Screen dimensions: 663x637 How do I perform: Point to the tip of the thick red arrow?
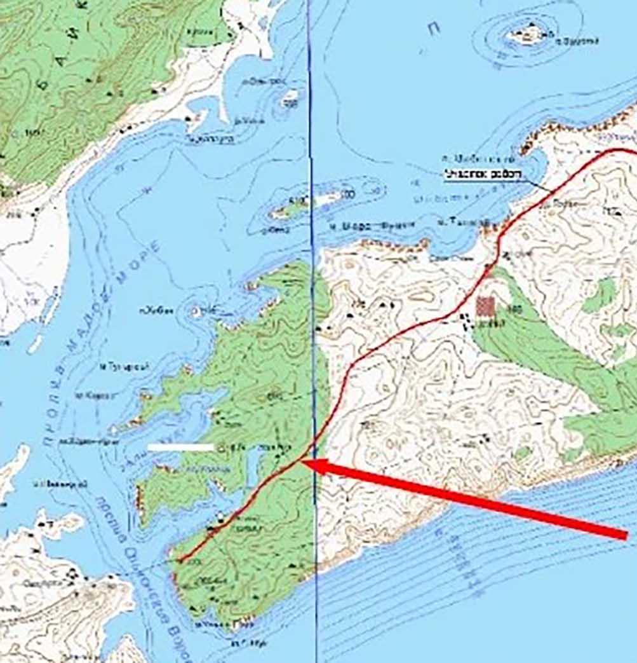pyautogui.click(x=303, y=463)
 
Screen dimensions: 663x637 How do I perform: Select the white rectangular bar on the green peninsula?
pyautogui.click(x=181, y=448)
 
